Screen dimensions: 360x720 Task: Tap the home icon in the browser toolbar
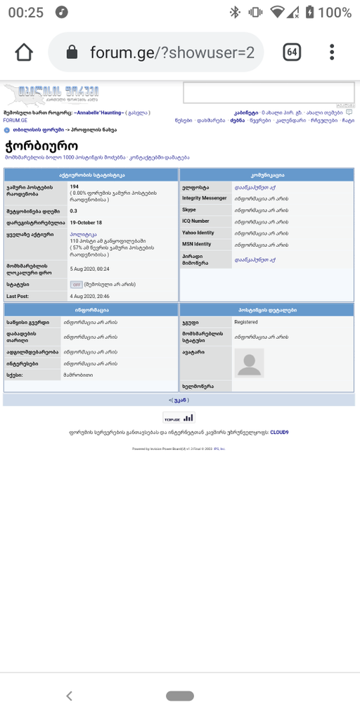pyautogui.click(x=24, y=52)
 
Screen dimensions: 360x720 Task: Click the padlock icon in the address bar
pyautogui.click(x=71, y=52)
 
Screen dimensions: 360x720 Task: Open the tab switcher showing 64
pyautogui.click(x=292, y=52)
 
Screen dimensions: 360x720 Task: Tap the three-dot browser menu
pyautogui.click(x=332, y=52)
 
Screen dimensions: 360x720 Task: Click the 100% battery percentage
pyautogui.click(x=334, y=12)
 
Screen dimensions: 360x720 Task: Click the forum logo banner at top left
pyautogui.click(x=52, y=95)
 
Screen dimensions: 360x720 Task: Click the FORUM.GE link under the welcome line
pyautogui.click(x=15, y=120)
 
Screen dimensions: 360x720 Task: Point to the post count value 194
pyautogui.click(x=74, y=186)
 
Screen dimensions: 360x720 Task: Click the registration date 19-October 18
pyautogui.click(x=86, y=222)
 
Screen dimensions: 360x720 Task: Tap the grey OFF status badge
pyautogui.click(x=76, y=285)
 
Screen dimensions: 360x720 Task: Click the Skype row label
pyautogui.click(x=189, y=210)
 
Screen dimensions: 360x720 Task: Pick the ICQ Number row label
pyautogui.click(x=196, y=221)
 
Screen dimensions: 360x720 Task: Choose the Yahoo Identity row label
pyautogui.click(x=198, y=233)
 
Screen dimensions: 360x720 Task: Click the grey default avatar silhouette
pyautogui.click(x=250, y=363)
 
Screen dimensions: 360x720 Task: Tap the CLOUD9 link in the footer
pyautogui.click(x=279, y=432)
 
